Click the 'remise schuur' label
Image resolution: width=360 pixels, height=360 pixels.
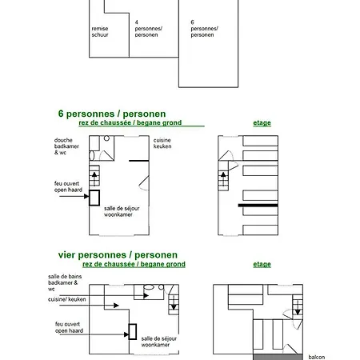point(100,32)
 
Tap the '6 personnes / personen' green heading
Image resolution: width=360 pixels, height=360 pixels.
point(112,114)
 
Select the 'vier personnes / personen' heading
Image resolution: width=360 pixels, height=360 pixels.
point(118,255)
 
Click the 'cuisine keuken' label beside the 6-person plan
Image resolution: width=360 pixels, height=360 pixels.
point(162,143)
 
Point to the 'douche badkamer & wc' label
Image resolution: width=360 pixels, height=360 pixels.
point(66,146)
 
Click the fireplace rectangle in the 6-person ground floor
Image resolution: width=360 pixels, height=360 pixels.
point(94,198)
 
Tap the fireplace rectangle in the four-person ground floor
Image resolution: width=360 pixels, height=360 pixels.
point(133,331)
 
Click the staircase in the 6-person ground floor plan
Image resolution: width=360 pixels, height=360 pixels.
point(94,175)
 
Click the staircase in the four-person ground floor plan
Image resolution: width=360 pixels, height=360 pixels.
point(174,305)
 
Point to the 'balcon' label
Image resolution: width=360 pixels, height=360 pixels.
point(317,357)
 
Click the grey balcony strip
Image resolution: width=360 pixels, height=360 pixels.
point(278,357)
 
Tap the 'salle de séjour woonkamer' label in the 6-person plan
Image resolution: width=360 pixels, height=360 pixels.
point(122,211)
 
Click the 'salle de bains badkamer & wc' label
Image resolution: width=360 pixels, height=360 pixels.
point(65,282)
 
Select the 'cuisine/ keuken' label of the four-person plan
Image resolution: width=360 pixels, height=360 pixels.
point(67,299)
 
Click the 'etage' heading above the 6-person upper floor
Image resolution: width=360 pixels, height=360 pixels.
point(262,123)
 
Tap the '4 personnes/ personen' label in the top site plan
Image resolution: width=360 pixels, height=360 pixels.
point(149,29)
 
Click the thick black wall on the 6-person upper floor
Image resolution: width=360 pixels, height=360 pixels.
point(258,206)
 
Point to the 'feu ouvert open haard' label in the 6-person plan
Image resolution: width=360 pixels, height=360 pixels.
point(68,186)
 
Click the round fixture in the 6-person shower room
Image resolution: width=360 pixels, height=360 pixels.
point(106,138)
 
